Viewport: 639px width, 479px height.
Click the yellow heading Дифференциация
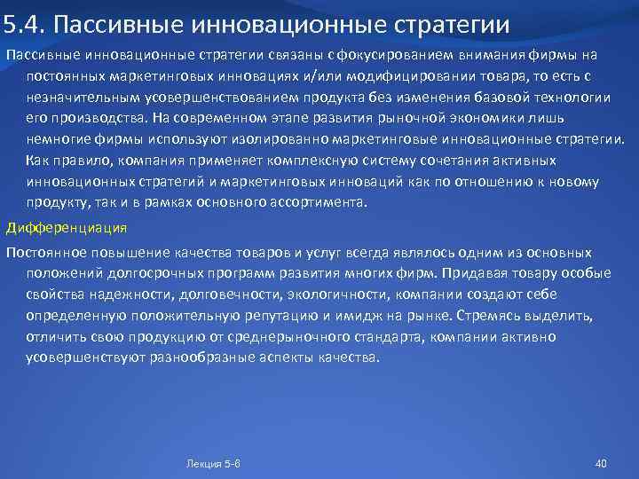pyautogui.click(x=67, y=228)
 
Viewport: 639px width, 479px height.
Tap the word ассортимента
pyautogui.click(x=315, y=203)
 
